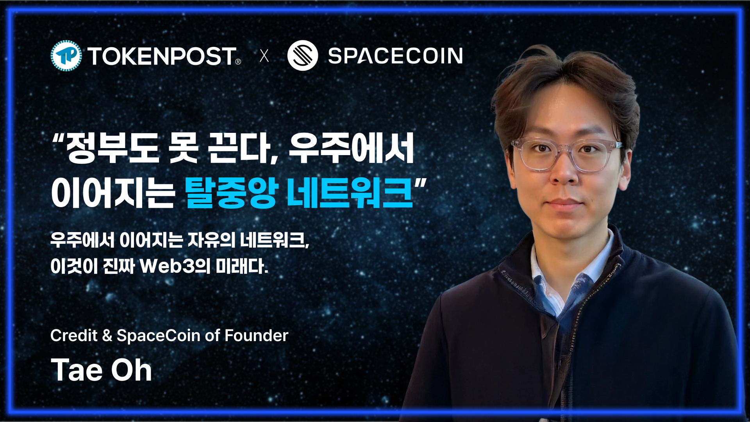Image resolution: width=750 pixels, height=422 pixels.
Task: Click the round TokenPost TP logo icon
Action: [x=66, y=56]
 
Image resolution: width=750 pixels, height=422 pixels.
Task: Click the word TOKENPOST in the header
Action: [x=162, y=56]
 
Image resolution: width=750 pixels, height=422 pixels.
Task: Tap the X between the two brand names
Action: [x=264, y=56]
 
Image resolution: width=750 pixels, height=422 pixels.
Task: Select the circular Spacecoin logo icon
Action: [x=302, y=55]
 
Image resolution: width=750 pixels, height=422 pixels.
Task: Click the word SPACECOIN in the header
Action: [x=395, y=56]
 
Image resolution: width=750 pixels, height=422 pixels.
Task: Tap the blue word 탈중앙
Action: [x=231, y=193]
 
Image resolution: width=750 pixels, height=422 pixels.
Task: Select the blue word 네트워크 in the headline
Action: [x=350, y=193]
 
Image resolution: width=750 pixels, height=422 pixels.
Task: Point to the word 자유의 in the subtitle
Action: [x=211, y=240]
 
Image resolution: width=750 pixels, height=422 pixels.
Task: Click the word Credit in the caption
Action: [x=74, y=336]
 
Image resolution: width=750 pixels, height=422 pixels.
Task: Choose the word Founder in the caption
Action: [x=256, y=336]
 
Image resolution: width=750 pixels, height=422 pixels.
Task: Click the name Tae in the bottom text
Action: [x=77, y=370]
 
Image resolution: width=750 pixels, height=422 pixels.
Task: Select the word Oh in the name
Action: [x=131, y=370]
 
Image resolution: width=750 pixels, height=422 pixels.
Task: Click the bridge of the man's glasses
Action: [x=565, y=150]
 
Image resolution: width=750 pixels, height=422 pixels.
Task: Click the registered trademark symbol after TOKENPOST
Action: [x=238, y=62]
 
